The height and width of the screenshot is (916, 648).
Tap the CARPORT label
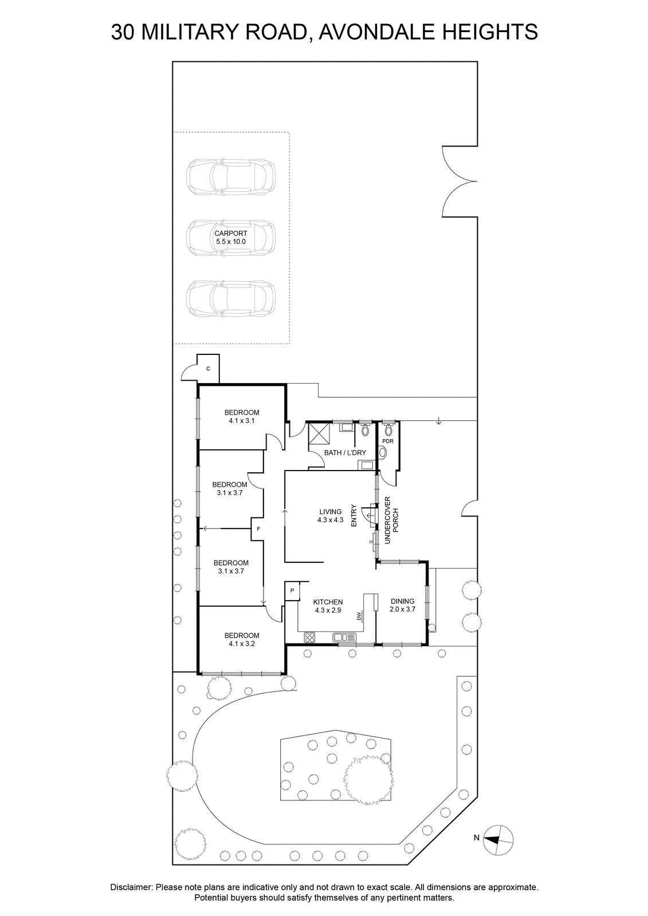231,234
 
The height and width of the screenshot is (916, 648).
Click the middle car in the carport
231,238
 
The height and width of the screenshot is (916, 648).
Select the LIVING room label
331,512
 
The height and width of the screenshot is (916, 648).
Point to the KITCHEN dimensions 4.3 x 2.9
328,610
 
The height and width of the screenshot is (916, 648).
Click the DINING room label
402,601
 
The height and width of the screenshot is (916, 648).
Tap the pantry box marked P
292,590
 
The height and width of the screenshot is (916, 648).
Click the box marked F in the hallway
258,529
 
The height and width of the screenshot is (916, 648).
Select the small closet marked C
208,369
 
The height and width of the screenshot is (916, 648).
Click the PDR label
388,441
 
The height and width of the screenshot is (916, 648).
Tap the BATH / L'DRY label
345,453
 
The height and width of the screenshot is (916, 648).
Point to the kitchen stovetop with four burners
310,637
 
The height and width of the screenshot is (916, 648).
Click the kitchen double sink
345,637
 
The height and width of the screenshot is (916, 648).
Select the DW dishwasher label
359,615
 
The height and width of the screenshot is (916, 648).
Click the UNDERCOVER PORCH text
391,520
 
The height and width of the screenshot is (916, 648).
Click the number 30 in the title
123,32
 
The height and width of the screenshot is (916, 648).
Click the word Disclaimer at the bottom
131,887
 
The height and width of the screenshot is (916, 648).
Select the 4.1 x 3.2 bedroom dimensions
242,643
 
